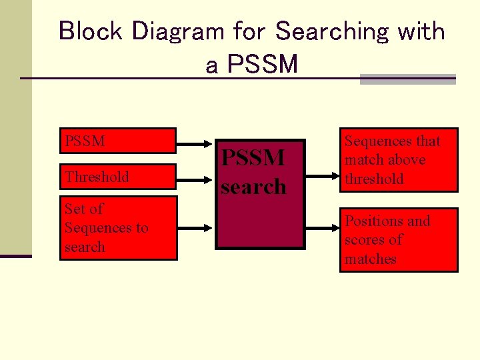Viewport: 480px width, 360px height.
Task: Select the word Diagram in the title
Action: tap(172, 31)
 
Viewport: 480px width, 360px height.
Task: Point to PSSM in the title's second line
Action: tap(262, 65)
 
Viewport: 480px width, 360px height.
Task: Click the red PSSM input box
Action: tap(118, 141)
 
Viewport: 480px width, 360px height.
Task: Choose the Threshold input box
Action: tap(118, 177)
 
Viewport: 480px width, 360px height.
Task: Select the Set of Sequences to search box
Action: tap(118, 228)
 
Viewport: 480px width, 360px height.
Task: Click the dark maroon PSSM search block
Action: tap(260, 194)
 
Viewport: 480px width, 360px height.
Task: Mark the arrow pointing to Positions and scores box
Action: tap(323, 227)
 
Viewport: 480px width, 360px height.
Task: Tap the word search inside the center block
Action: tap(253, 187)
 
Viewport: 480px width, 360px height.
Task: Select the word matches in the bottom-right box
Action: tap(371, 259)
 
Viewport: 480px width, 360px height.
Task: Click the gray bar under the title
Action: tap(407, 79)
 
